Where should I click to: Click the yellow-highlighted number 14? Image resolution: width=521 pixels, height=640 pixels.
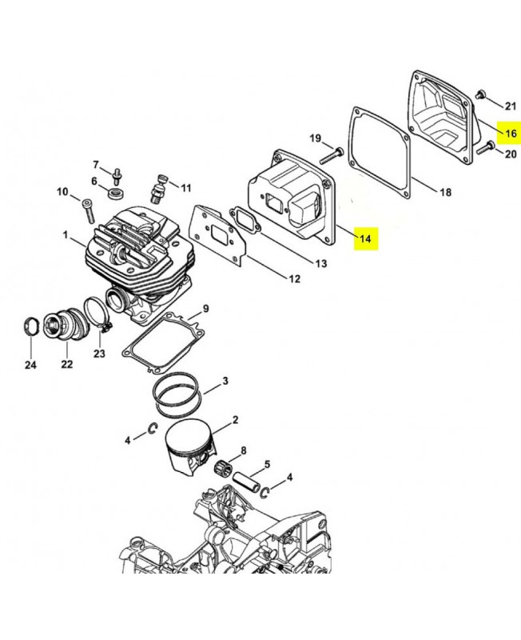[x=366, y=238]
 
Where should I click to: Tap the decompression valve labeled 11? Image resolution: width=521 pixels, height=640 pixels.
[x=158, y=189]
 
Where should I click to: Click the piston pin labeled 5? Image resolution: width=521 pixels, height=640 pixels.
[x=247, y=482]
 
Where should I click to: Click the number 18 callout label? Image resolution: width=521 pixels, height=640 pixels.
[x=446, y=191]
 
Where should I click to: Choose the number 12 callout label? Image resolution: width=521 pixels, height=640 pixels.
[x=294, y=278]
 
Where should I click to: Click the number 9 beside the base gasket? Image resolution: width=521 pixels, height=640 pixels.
[x=205, y=309]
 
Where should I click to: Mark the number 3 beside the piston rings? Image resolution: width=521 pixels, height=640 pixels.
[x=225, y=381]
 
